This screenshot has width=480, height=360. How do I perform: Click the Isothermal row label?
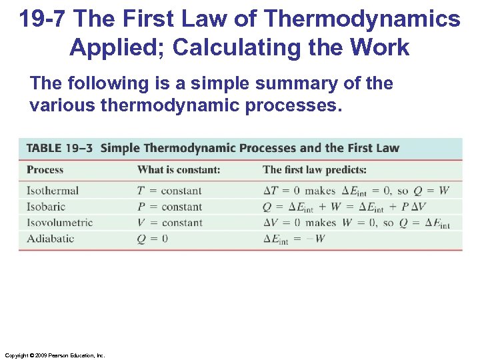[52, 191]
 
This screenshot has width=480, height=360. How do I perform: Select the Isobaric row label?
[46, 207]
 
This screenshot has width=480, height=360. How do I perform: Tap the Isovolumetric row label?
[59, 223]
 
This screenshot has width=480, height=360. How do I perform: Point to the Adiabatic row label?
[50, 239]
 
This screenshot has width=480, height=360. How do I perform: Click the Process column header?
[45, 170]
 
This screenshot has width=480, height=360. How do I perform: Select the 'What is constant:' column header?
[179, 170]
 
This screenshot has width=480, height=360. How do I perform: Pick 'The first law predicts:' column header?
[315, 170]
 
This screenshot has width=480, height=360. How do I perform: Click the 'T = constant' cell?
[169, 191]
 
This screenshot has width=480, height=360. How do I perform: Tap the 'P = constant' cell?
[169, 207]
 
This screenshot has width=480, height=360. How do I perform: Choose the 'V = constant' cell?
[169, 223]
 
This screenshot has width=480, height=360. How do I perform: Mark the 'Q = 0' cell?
[152, 239]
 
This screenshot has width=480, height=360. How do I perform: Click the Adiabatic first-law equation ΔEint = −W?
[294, 239]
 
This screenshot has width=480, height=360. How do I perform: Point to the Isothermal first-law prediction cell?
[356, 191]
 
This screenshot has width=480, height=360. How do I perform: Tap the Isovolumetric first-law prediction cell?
[356, 223]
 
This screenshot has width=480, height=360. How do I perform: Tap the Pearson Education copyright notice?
[53, 356]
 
